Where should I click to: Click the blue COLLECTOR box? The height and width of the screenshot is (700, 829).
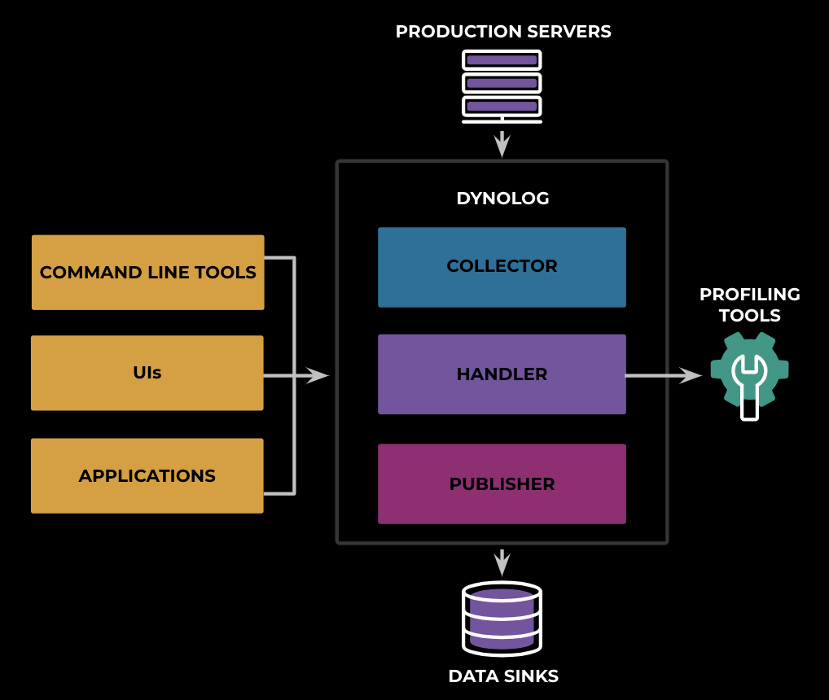pyautogui.click(x=502, y=267)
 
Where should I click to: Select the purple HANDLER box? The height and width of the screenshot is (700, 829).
pyautogui.click(x=502, y=374)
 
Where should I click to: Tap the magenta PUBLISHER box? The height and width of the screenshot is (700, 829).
pyautogui.click(x=502, y=484)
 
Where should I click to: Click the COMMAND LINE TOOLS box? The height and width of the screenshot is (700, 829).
pyautogui.click(x=148, y=273)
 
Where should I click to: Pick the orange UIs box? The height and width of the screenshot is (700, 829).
pyautogui.click(x=147, y=373)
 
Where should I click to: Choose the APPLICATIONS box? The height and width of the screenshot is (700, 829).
pyautogui.click(x=147, y=475)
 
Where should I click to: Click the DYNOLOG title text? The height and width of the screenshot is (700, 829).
pyautogui.click(x=502, y=198)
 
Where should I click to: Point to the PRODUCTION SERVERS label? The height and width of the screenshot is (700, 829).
pyautogui.click(x=503, y=32)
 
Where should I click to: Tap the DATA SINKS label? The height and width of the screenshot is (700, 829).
pyautogui.click(x=503, y=676)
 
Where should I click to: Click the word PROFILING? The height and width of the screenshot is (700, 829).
pyautogui.click(x=750, y=295)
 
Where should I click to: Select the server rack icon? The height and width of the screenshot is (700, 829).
pyautogui.click(x=502, y=86)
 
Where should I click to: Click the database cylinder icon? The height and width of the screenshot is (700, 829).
pyautogui.click(x=502, y=619)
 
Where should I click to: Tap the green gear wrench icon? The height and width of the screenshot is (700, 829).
pyautogui.click(x=750, y=376)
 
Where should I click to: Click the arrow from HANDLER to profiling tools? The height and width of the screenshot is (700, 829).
pyautogui.click(x=664, y=375)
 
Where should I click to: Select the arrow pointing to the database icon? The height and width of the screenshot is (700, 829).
pyautogui.click(x=502, y=563)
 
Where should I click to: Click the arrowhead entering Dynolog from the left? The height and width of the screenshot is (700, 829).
pyautogui.click(x=318, y=375)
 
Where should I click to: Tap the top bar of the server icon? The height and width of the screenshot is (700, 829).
pyautogui.click(x=502, y=59)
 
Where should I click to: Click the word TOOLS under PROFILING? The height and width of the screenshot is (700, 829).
pyautogui.click(x=750, y=315)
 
